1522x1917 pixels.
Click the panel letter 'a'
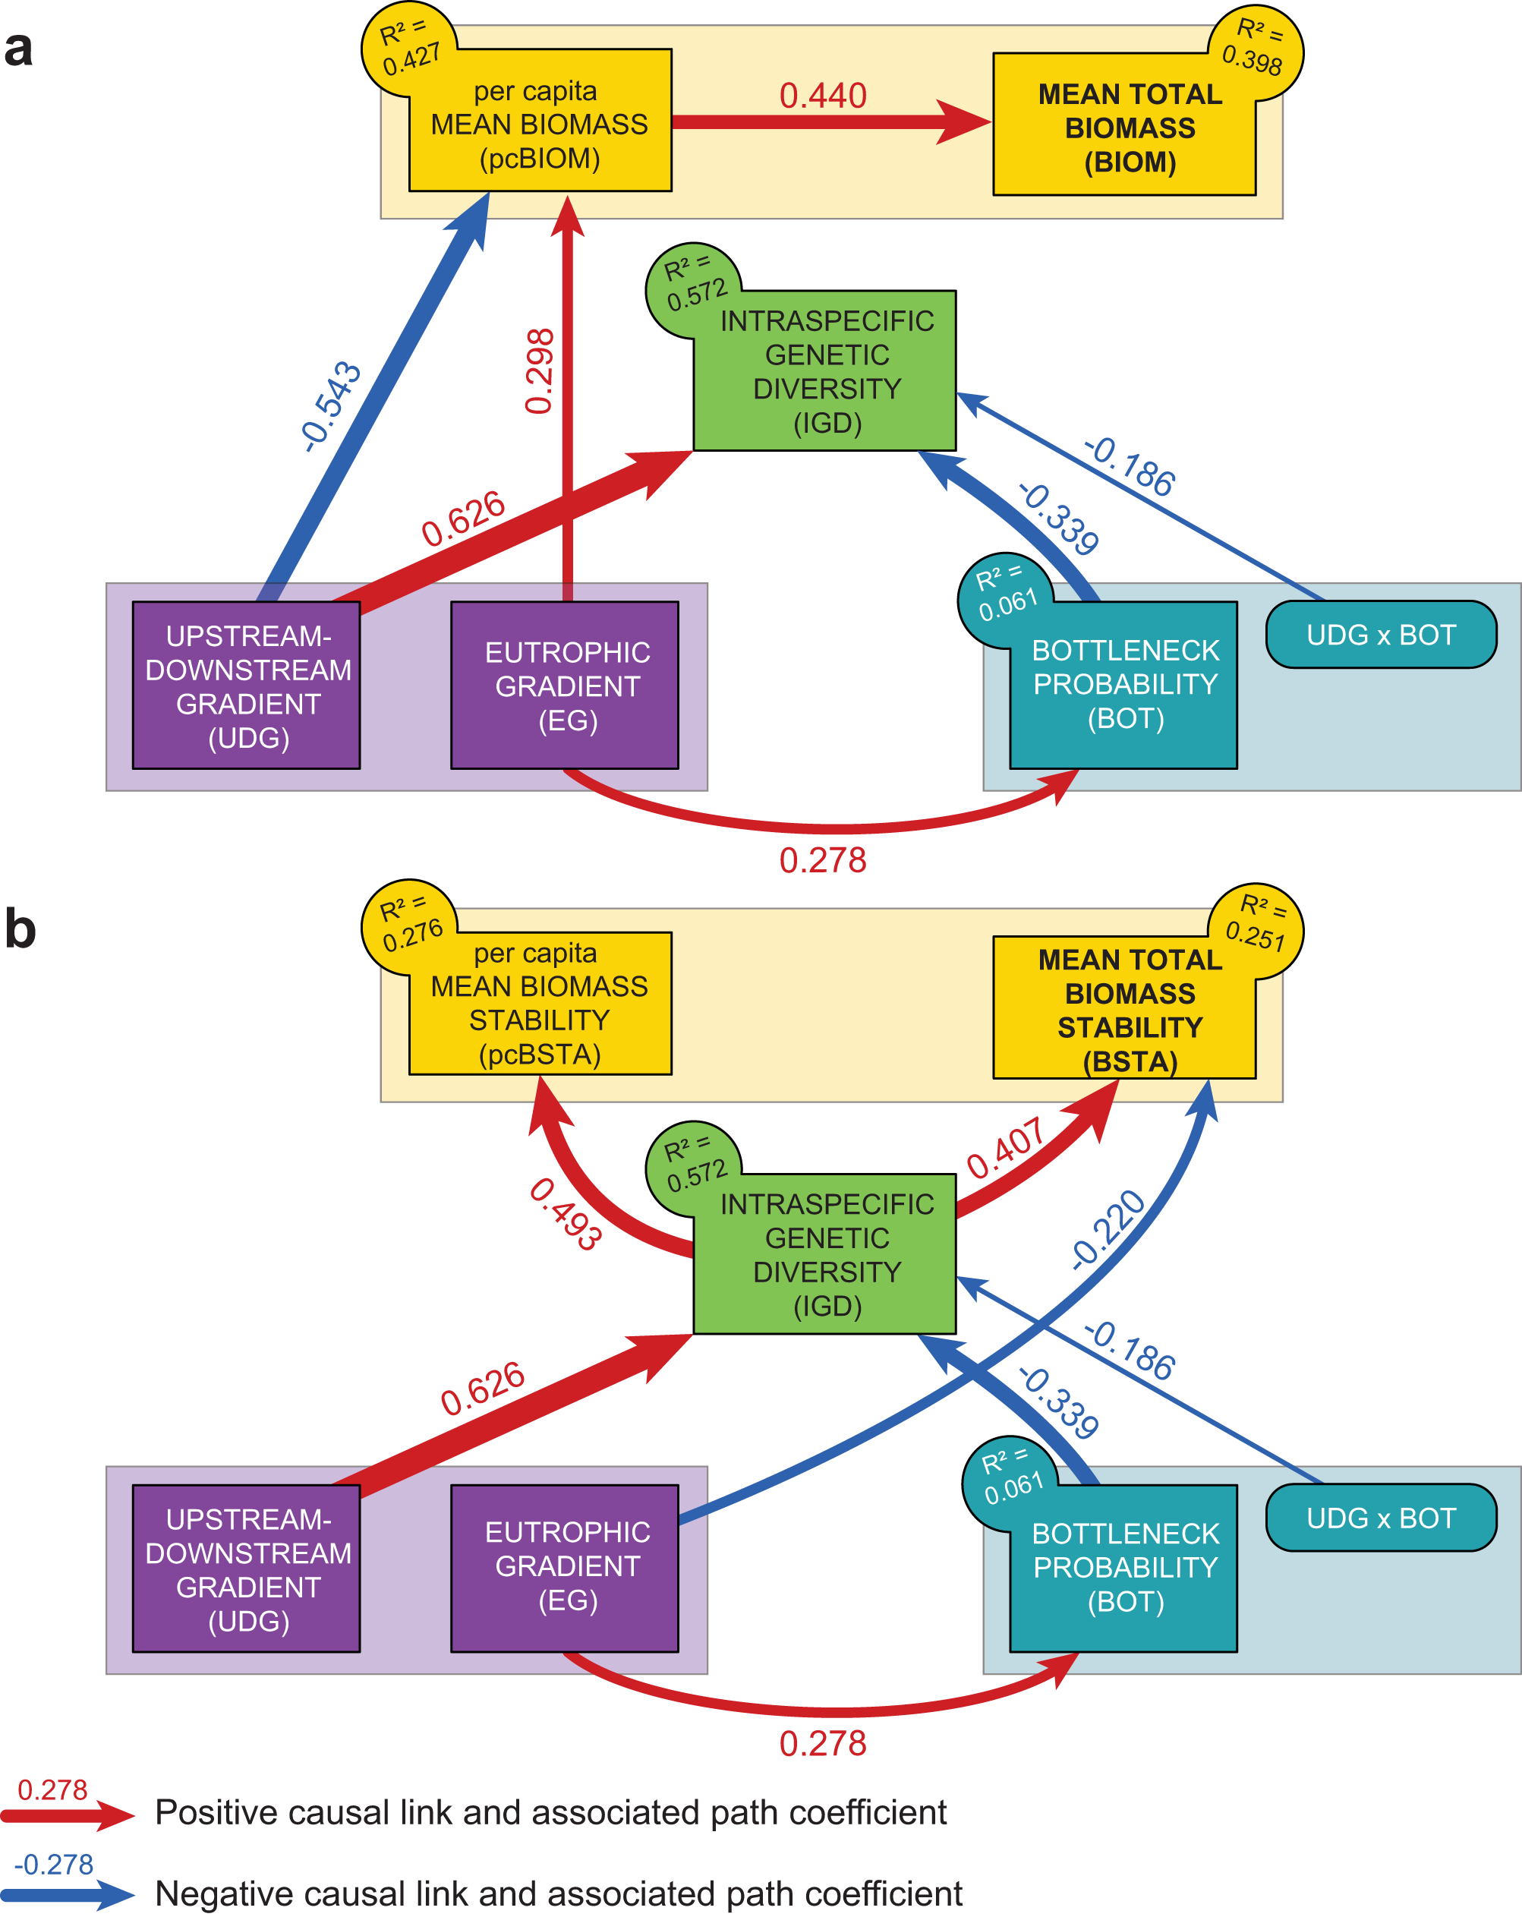(x=19, y=48)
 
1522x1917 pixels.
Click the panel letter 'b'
(x=20, y=929)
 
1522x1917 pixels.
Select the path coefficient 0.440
(x=822, y=96)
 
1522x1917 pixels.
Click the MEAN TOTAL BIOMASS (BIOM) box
(x=1124, y=125)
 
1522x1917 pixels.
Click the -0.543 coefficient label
(x=331, y=405)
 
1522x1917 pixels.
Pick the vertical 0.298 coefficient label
(x=540, y=370)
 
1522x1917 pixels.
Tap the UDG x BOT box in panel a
(x=1380, y=635)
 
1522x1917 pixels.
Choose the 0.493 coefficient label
(x=566, y=1214)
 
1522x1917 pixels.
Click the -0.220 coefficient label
(x=1108, y=1230)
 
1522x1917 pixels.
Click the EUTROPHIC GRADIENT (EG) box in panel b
(x=565, y=1568)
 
